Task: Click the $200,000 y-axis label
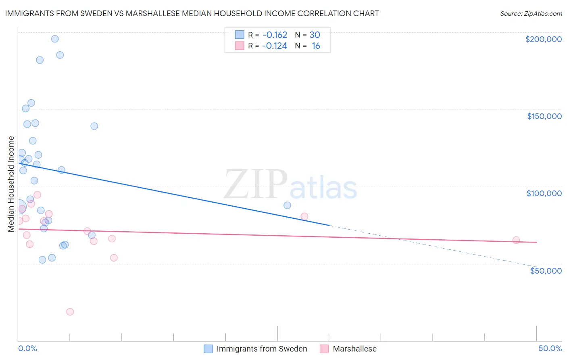click(x=543, y=39)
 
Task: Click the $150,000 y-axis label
click(x=544, y=116)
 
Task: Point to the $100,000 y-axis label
click(x=544, y=193)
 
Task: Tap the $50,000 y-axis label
click(x=546, y=270)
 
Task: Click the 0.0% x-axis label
click(x=27, y=348)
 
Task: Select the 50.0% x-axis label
click(x=550, y=348)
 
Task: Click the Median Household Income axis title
click(x=11, y=184)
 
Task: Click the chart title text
click(x=192, y=13)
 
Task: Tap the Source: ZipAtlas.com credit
click(x=531, y=14)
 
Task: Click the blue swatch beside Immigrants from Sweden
click(x=208, y=349)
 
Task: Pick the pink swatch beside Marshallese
click(x=324, y=349)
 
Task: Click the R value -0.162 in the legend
click(x=274, y=35)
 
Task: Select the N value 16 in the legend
click(x=316, y=46)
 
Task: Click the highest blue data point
click(x=55, y=39)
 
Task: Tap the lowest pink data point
click(x=70, y=312)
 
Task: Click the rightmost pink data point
click(x=516, y=240)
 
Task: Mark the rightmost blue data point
click(x=287, y=205)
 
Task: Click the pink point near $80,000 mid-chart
click(x=304, y=216)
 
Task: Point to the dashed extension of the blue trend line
click(x=432, y=246)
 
